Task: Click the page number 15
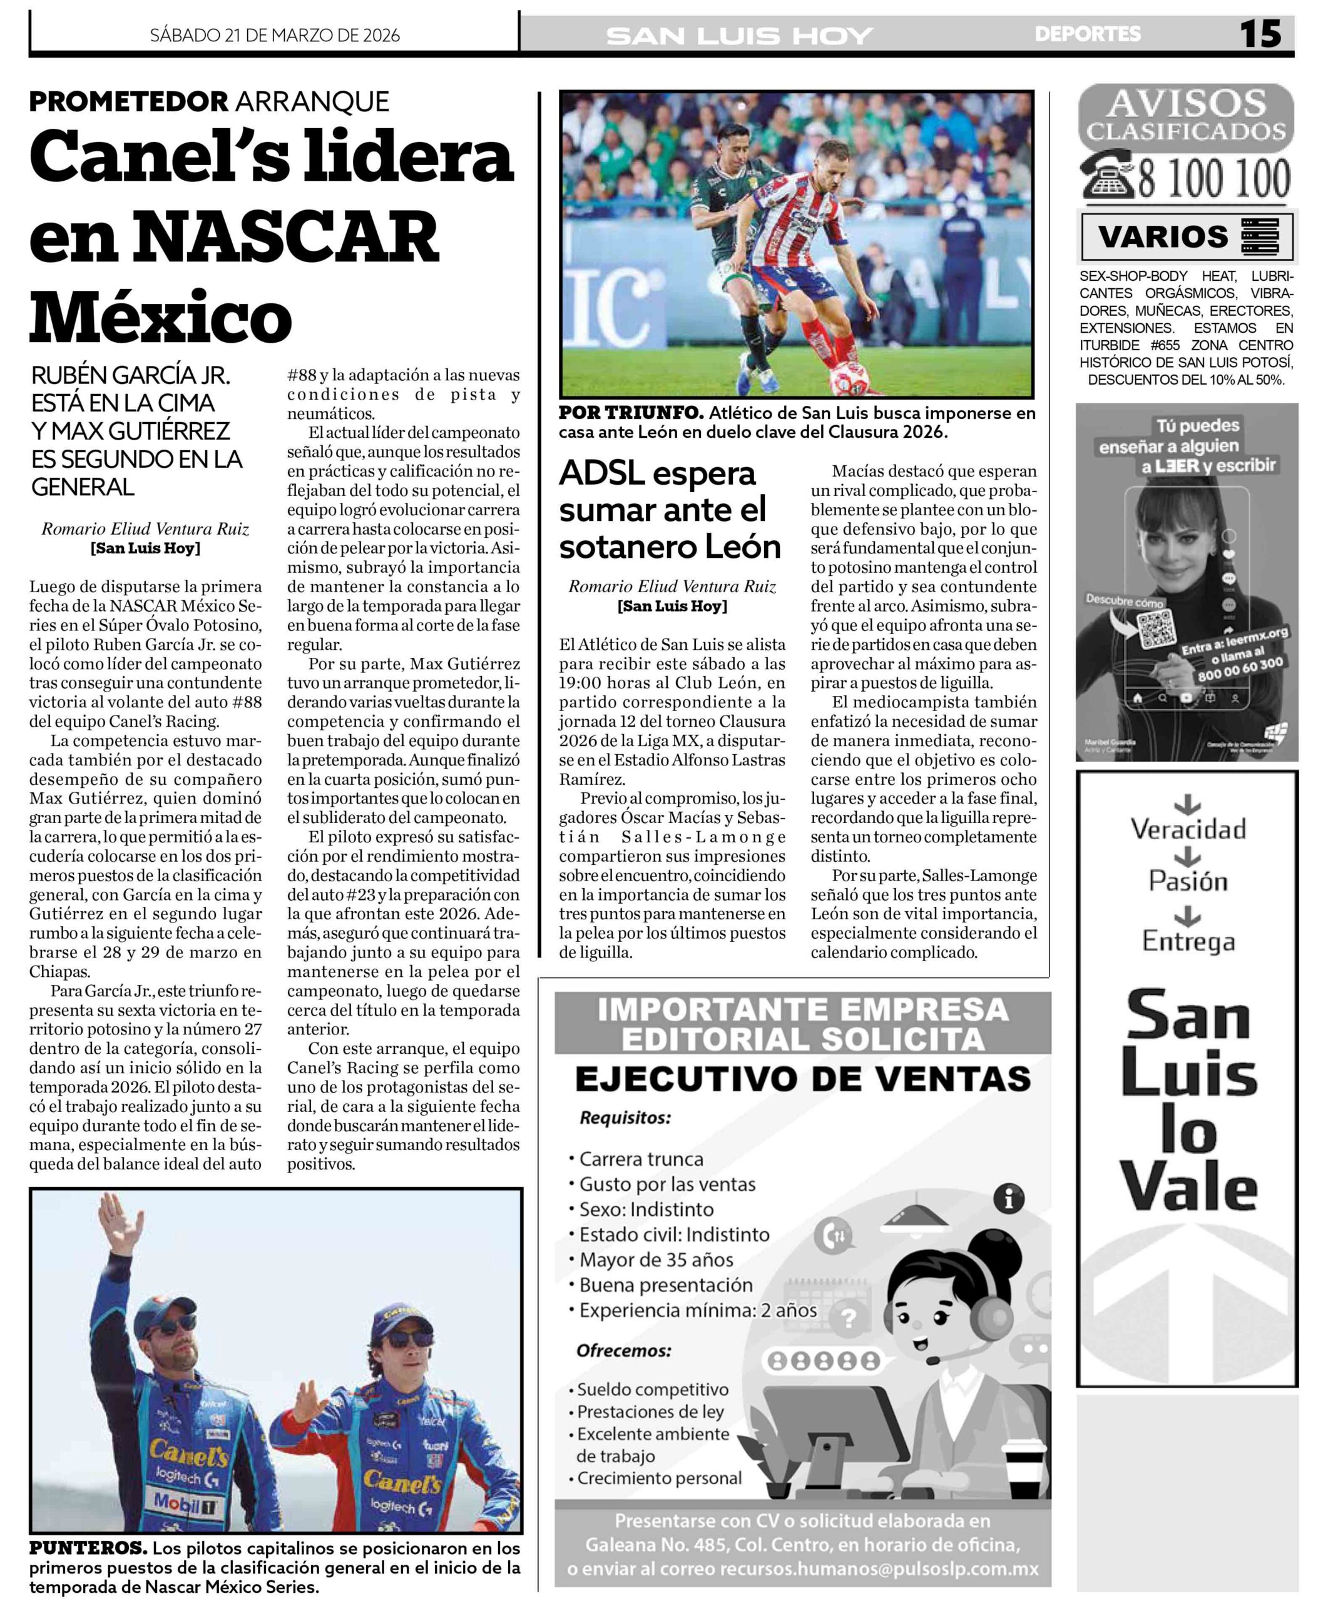click(1260, 34)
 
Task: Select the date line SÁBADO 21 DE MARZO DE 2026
click(274, 35)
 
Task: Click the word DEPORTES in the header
click(1088, 34)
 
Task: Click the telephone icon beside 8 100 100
click(1110, 177)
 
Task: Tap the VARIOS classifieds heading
click(1163, 237)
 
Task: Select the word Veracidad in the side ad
click(1188, 829)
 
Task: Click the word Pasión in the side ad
click(1188, 882)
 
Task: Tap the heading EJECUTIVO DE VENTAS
click(802, 1079)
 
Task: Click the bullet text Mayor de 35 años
click(656, 1259)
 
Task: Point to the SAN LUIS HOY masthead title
click(738, 36)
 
